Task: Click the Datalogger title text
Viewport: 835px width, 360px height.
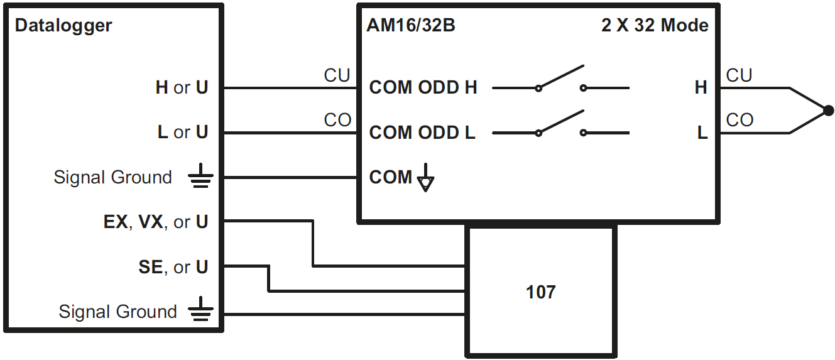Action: click(63, 26)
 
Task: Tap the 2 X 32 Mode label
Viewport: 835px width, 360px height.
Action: click(655, 26)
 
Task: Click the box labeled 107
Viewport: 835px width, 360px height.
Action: click(540, 292)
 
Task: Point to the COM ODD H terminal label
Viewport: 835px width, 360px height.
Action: click(423, 88)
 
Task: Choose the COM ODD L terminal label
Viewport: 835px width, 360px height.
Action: click(422, 133)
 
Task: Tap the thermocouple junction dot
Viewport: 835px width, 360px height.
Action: click(829, 111)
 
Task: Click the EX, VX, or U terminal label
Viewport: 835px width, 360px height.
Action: click(156, 222)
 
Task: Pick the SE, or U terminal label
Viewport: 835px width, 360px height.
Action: click(173, 268)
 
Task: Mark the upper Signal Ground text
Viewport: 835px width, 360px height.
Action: click(112, 178)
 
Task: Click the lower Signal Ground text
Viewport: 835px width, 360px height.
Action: click(117, 312)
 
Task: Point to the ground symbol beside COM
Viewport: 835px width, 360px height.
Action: click(425, 179)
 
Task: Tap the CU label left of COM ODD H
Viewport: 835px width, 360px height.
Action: click(337, 76)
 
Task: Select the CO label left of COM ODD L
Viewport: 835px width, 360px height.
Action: click(337, 121)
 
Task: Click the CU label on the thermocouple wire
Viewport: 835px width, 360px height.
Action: click(739, 76)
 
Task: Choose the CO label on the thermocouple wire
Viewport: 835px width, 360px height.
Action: click(739, 121)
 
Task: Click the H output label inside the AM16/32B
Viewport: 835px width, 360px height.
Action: click(701, 88)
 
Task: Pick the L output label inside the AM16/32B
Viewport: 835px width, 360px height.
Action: click(702, 133)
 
